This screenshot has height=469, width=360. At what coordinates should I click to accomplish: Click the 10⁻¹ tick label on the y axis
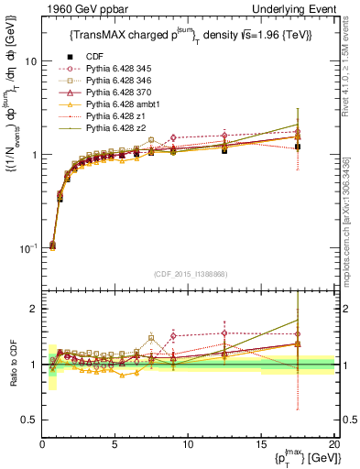[x=27, y=248]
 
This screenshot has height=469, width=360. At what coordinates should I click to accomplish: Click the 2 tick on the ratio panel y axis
[x=33, y=310]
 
